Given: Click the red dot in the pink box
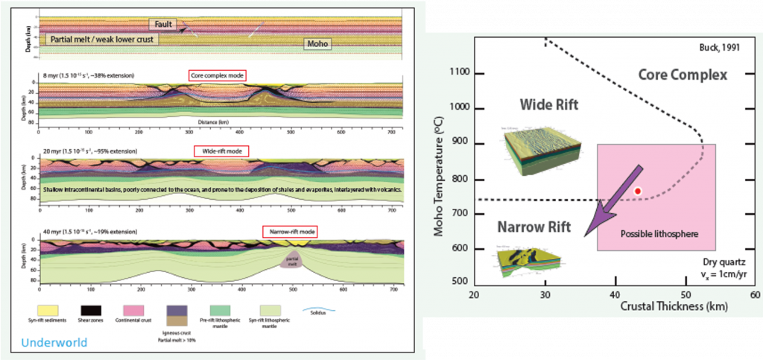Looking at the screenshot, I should click(x=637, y=192).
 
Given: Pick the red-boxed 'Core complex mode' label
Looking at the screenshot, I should click(x=217, y=75).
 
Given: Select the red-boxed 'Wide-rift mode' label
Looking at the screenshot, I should click(x=221, y=151).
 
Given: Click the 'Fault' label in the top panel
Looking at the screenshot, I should click(x=164, y=25).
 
